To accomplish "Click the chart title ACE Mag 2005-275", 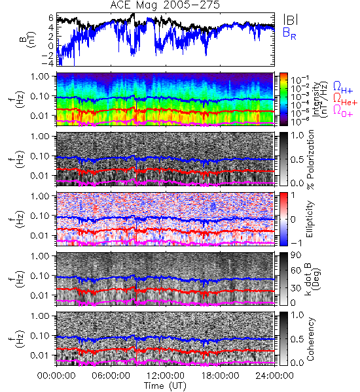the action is click(x=165, y=5).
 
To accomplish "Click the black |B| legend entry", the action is click(x=291, y=20).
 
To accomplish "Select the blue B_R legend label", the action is click(x=289, y=34).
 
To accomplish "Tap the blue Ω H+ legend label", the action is click(x=343, y=88).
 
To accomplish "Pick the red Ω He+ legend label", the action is click(x=345, y=100).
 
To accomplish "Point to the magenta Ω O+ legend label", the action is click(x=343, y=111).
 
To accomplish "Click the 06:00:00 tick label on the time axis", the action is click(x=111, y=376).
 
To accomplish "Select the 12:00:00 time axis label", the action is click(x=166, y=376).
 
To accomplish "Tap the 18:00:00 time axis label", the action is click(x=220, y=376).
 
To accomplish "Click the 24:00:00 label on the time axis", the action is click(x=274, y=376).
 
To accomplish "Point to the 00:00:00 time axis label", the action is click(x=56, y=376).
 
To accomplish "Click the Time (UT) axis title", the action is click(x=165, y=385).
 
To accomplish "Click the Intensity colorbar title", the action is click(x=321, y=99).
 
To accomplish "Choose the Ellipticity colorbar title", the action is click(x=310, y=219).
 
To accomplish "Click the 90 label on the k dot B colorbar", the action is click(x=296, y=255).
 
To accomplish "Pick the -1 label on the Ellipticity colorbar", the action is click(x=296, y=243).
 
